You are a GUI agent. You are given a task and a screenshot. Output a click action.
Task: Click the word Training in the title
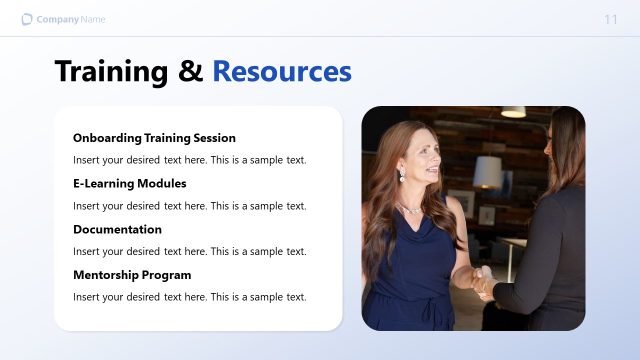pos(111,72)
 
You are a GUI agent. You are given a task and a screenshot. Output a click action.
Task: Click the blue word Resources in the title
pos(282,72)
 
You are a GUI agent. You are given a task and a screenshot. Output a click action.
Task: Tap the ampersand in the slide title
pos(190,72)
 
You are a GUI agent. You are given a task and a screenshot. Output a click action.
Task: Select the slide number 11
pos(611,20)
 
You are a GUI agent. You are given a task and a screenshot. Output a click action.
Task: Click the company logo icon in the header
pos(27,19)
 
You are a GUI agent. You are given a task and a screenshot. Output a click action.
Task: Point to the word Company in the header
pos(57,20)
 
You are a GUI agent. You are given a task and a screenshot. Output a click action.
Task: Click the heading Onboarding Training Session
pos(154,138)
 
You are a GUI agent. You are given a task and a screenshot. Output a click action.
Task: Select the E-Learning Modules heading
pos(130,184)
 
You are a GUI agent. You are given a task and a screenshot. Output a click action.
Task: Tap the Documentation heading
pos(117,229)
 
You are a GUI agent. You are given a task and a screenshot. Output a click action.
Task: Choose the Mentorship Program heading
pos(132,275)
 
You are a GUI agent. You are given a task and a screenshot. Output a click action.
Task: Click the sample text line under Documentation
pos(189,251)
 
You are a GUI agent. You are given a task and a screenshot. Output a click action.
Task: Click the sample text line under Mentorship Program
pos(189,297)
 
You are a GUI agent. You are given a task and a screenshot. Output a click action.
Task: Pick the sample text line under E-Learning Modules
pos(189,206)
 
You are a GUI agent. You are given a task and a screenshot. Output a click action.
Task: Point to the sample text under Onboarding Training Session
pos(189,160)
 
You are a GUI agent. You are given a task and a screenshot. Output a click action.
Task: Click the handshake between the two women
pos(481,280)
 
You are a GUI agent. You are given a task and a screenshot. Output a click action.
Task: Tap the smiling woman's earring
pos(402,176)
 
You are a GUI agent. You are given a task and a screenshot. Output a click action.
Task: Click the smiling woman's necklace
pos(412,208)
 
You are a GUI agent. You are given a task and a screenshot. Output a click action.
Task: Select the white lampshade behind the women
pos(487,172)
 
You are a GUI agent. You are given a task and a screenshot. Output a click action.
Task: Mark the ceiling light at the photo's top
pos(513,112)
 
